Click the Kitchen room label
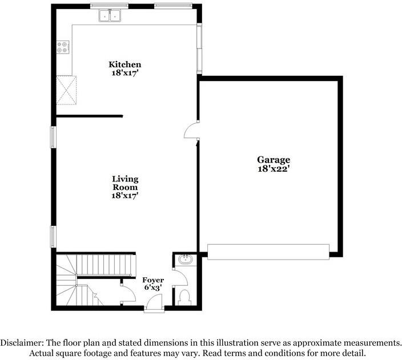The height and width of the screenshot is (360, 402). [125, 64]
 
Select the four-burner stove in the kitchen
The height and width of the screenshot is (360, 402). [63, 46]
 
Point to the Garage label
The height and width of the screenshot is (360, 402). [273, 160]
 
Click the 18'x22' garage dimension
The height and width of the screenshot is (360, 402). [273, 169]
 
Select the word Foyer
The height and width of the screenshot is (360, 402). [153, 280]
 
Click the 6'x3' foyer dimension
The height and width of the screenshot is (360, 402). [153, 288]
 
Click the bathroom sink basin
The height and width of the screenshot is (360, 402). [185, 261]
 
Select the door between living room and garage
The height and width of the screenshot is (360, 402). [192, 131]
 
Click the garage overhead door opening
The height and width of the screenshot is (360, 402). [268, 252]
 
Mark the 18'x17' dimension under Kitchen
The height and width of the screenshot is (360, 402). [125, 73]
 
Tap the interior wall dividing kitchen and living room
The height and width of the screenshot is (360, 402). [89, 116]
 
